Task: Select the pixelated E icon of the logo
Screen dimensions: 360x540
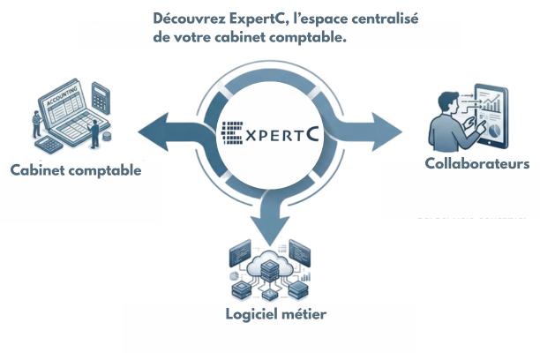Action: (x=232, y=132)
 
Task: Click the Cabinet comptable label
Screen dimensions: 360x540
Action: (x=75, y=170)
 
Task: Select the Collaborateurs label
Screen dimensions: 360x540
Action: (x=477, y=164)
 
